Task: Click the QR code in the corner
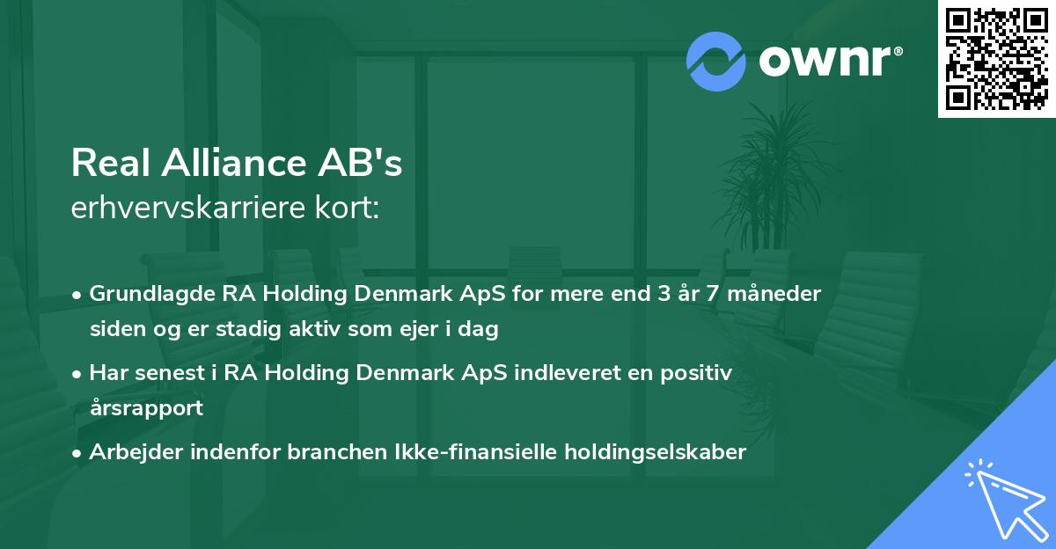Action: [997, 58]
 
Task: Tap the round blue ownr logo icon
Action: [716, 62]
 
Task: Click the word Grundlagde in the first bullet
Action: [143, 294]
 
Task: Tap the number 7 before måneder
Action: [720, 294]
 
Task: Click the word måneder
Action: [780, 294]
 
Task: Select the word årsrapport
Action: [146, 408]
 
